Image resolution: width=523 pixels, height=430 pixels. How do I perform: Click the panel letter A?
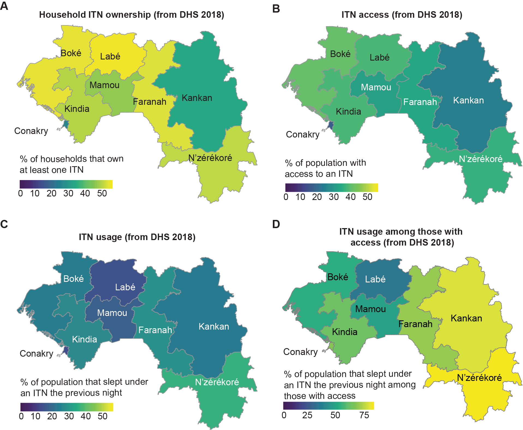tap(4, 6)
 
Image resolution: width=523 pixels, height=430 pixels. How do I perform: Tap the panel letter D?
tap(276, 224)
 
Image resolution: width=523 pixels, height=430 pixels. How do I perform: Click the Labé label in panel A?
tap(110, 56)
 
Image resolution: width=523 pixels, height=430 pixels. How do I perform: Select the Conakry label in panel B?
tap(303, 135)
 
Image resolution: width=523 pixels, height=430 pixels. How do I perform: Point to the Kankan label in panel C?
tap(214, 327)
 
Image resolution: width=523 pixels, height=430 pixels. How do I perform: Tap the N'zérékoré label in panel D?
tap(479, 378)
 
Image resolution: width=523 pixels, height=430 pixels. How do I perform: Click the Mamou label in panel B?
tap(376, 87)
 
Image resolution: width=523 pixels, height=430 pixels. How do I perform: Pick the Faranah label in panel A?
tap(150, 102)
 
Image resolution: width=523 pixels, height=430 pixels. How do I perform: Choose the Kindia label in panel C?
tap(84, 339)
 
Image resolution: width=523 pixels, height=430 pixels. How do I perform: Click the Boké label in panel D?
tap(338, 277)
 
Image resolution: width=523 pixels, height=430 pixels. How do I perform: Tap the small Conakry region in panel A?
tap(65, 124)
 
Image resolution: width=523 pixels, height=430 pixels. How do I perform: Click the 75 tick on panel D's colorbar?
tap(364, 415)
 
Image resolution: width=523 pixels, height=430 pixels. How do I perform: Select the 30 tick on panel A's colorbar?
tap(68, 193)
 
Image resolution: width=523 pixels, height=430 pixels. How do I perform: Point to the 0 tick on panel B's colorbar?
tap(286, 197)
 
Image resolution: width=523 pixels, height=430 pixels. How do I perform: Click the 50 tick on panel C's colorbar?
tap(103, 416)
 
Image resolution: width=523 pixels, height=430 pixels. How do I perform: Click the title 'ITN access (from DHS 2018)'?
tap(402, 15)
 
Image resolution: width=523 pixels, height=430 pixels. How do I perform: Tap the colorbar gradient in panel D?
tap(328, 406)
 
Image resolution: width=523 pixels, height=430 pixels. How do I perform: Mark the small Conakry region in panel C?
tap(65, 350)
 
